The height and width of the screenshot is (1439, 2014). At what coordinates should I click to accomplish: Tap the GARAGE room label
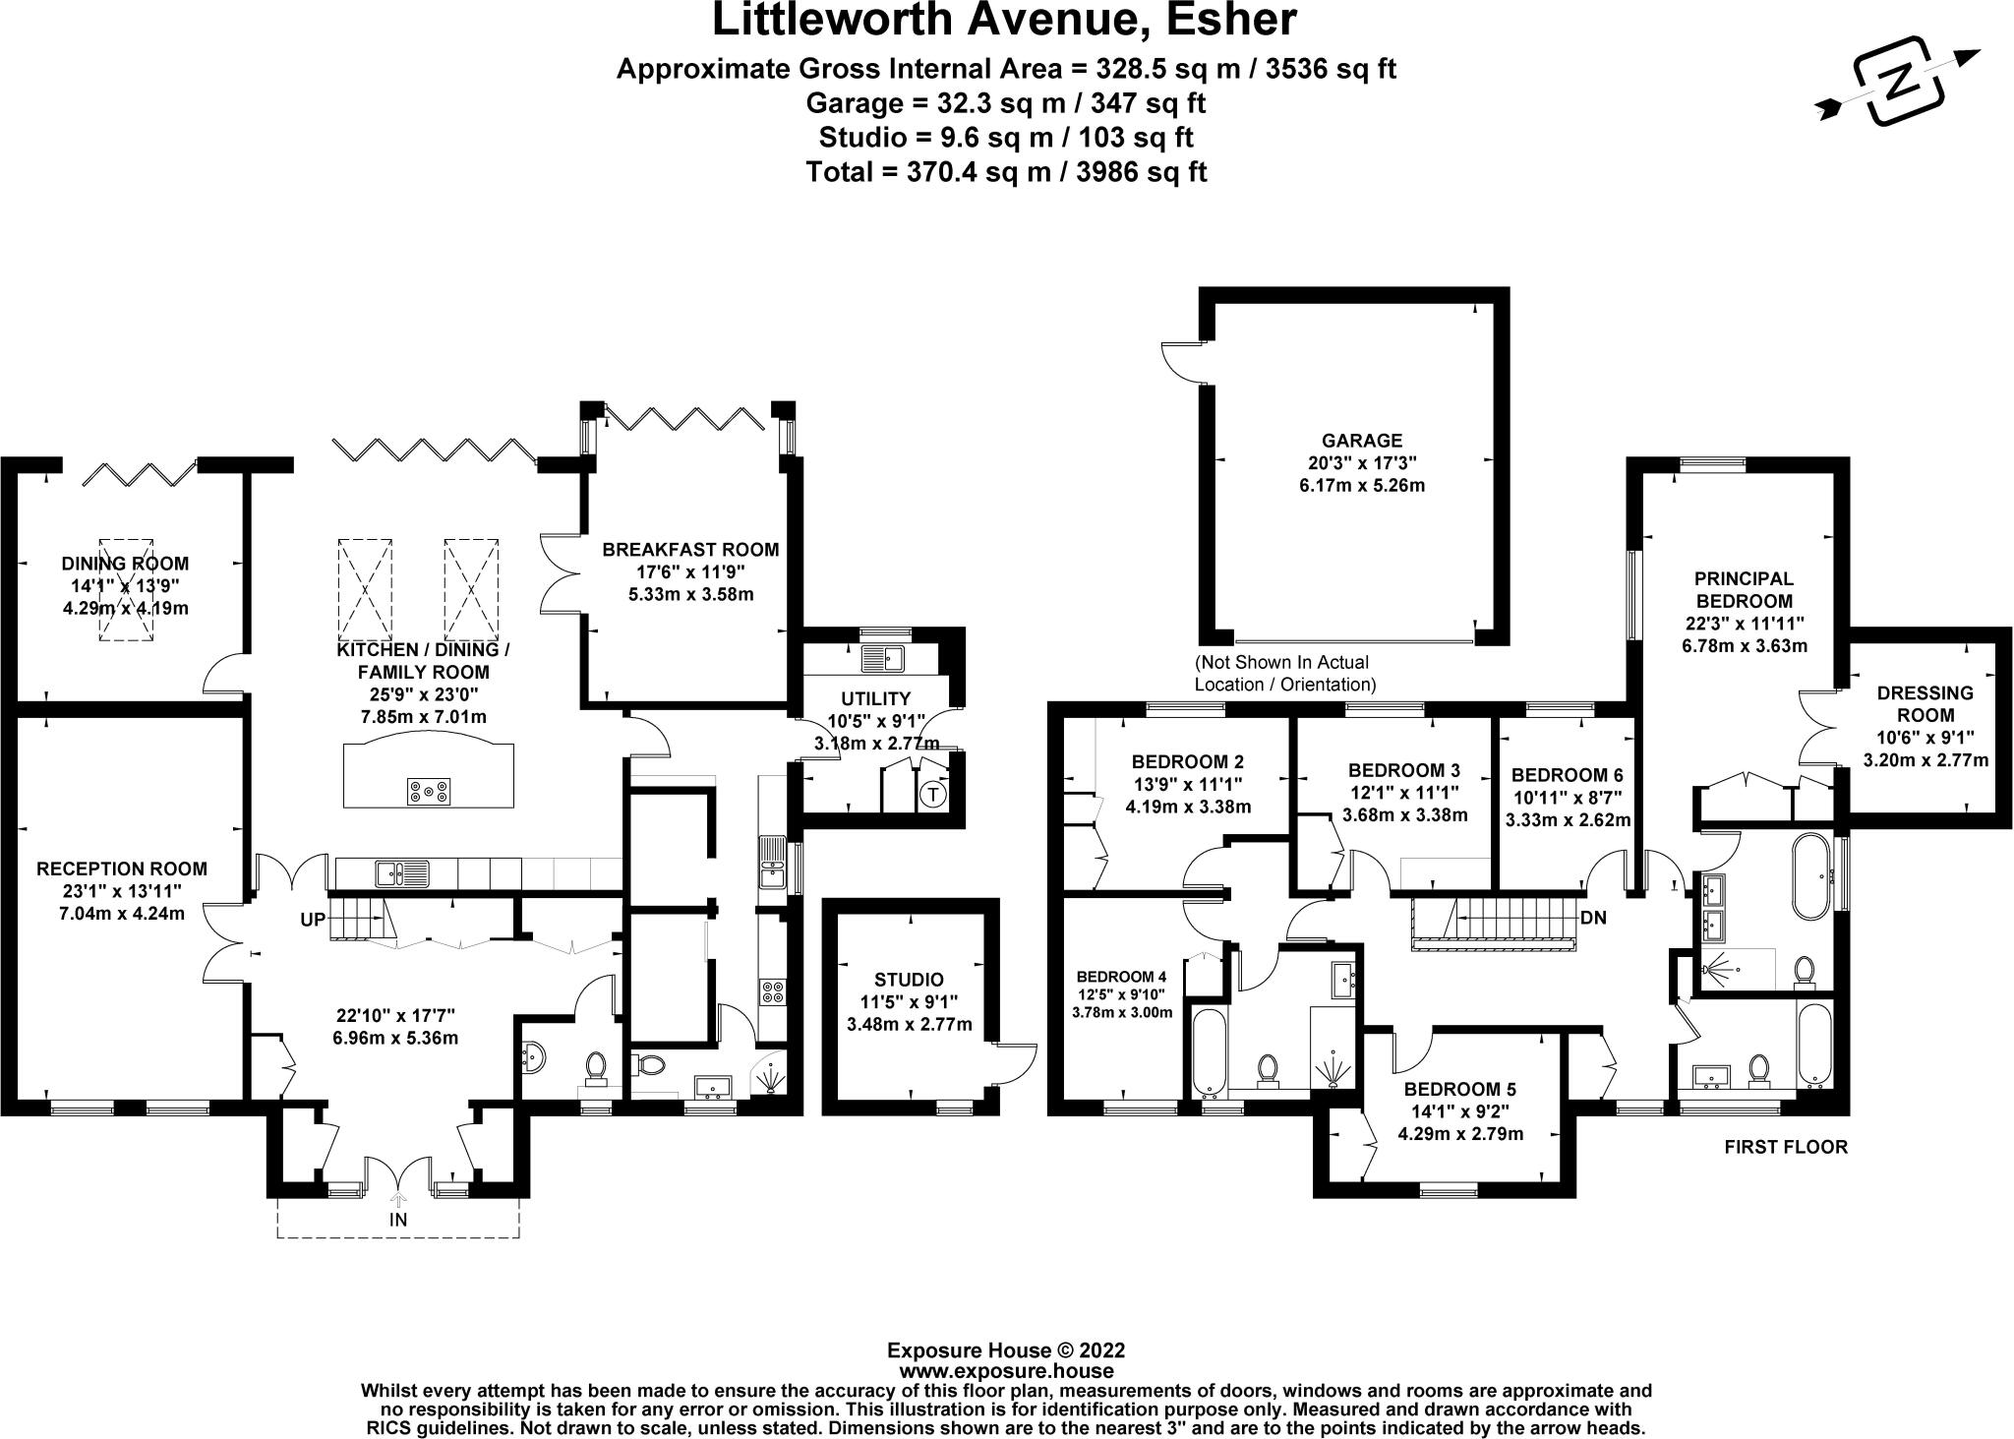click(x=1362, y=441)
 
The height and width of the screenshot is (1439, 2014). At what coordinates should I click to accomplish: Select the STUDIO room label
click(x=909, y=980)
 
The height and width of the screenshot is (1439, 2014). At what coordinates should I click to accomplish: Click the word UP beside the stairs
click(x=314, y=921)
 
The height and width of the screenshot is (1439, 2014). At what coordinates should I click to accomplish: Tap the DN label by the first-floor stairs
click(x=1593, y=918)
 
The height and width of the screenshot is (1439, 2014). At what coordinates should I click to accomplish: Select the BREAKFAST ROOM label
click(x=690, y=550)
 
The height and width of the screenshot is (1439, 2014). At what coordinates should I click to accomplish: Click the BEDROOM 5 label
click(x=1460, y=1089)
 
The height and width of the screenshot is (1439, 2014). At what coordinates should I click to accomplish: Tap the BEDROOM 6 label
click(x=1568, y=774)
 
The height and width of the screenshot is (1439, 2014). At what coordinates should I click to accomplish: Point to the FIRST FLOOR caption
click(x=1787, y=1147)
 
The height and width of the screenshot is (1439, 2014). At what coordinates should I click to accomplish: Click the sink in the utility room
click(x=879, y=658)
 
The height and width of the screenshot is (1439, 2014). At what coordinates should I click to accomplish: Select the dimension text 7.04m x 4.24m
click(x=123, y=914)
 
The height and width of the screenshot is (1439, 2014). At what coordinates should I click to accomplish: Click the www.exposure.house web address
click(x=1006, y=1371)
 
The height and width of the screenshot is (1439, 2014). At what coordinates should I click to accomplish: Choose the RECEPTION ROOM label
click(x=122, y=869)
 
